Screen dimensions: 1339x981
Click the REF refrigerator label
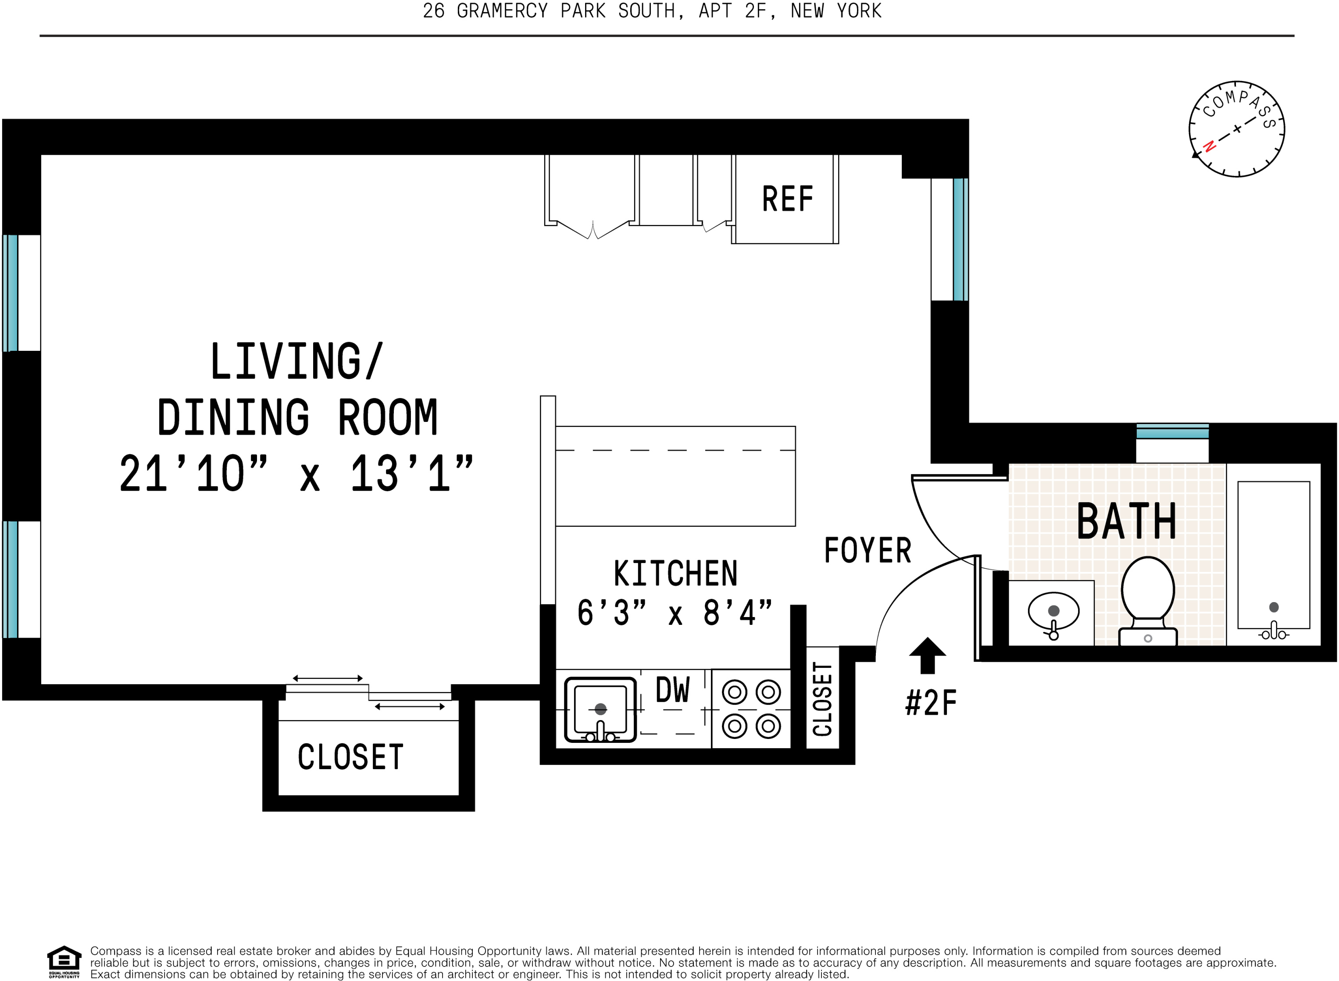[787, 199]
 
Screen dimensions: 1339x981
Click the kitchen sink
[600, 710]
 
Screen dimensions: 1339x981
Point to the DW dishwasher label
[673, 690]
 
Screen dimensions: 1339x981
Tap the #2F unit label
[931, 703]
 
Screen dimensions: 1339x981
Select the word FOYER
[868, 550]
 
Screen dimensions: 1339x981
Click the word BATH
[1126, 521]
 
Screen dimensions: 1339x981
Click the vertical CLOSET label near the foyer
[822, 699]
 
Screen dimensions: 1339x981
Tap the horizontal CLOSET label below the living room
[350, 757]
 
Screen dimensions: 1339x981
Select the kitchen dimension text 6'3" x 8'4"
[675, 613]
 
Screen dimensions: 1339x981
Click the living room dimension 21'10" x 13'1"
[296, 474]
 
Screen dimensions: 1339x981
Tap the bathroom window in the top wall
[1172, 432]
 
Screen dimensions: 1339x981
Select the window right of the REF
[960, 239]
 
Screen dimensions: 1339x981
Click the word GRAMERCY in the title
[502, 11]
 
